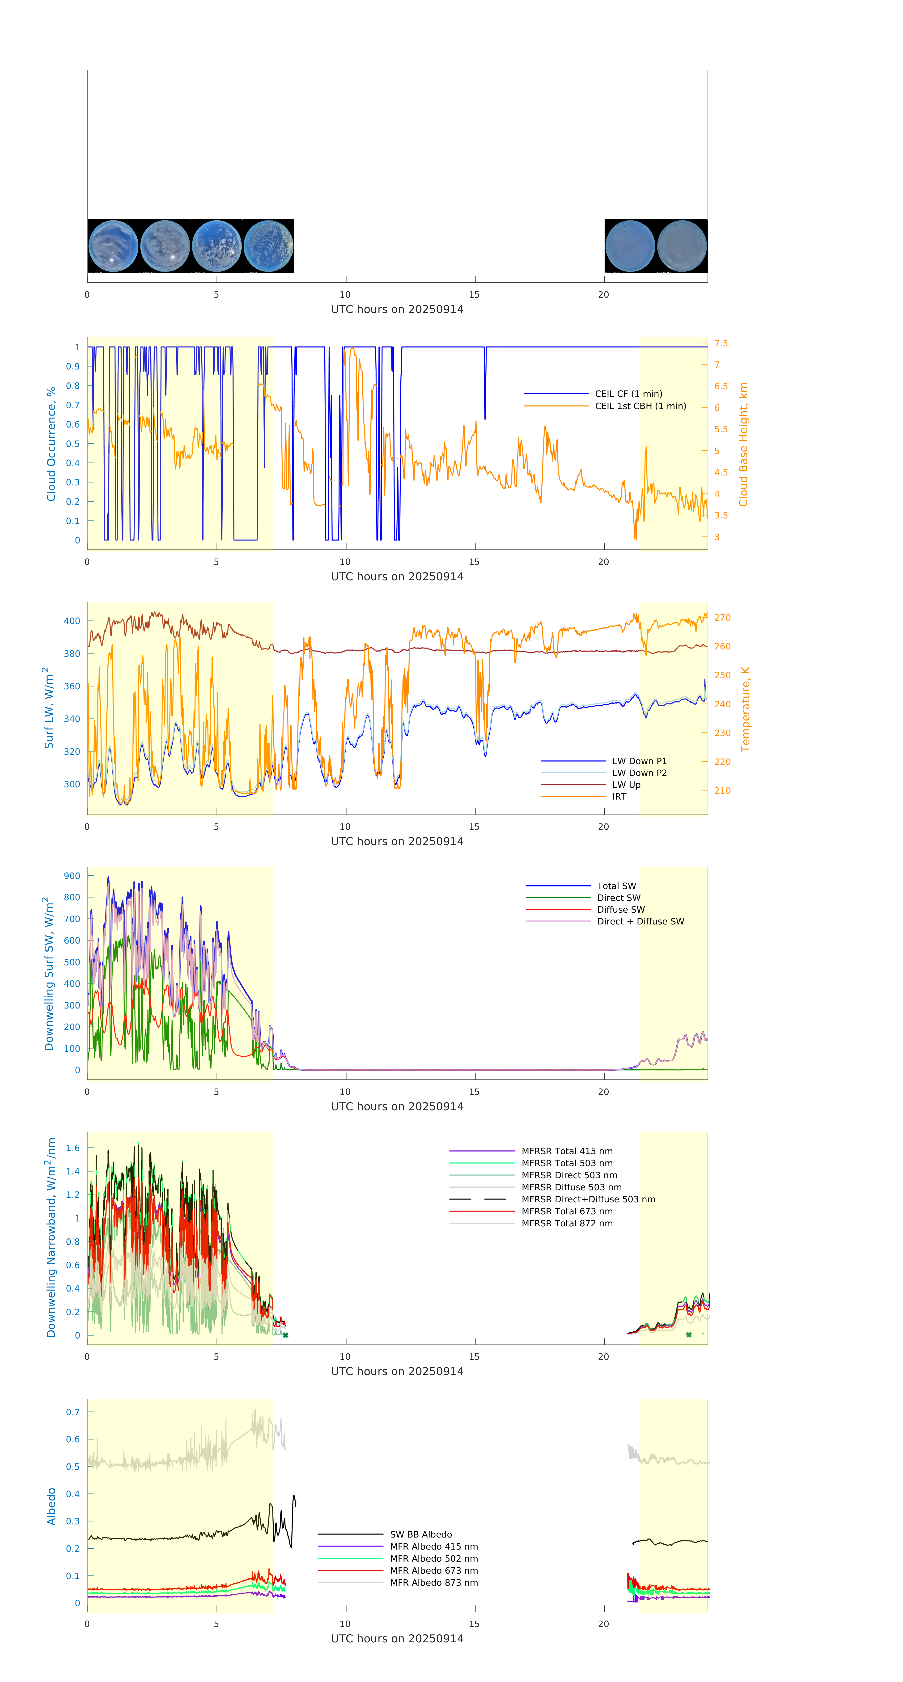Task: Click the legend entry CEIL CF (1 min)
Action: pos(628,394)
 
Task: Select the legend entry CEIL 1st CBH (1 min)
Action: pos(640,406)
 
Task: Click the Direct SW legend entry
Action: pos(618,898)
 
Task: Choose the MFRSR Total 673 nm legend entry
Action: pos(567,1211)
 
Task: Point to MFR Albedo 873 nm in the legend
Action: pos(433,1583)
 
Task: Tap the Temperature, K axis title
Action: pos(745,709)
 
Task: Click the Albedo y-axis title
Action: pos(51,1506)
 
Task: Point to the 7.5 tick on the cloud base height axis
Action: pos(721,343)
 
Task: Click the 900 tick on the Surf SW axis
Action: pos(72,876)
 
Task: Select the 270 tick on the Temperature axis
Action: pos(722,618)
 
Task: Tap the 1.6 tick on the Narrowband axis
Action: pos(73,1148)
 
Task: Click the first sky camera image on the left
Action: pos(113,246)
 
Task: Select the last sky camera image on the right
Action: pos(682,246)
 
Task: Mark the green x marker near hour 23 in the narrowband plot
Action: pos(689,1335)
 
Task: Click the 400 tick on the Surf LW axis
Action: pos(72,621)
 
